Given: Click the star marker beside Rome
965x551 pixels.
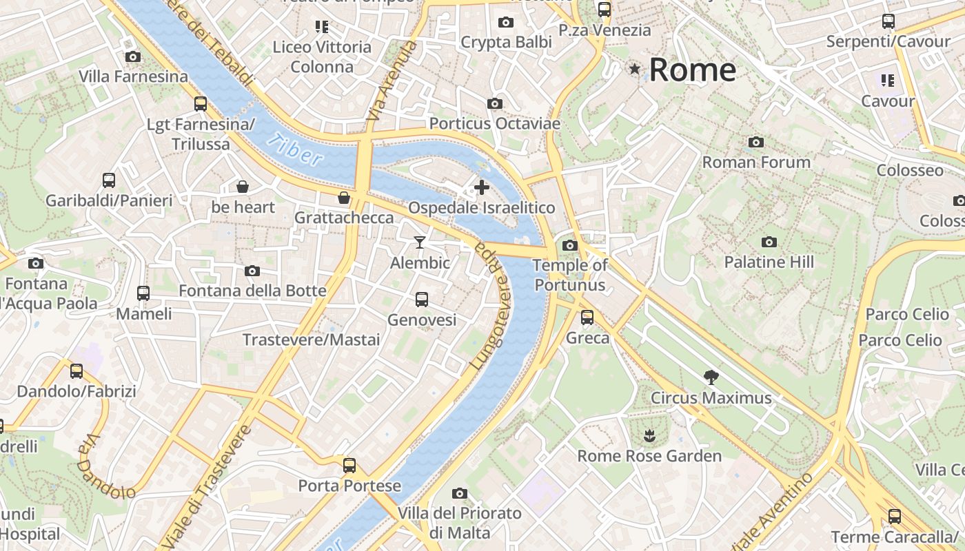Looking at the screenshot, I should (x=634, y=69).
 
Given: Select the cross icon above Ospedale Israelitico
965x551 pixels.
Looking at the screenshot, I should (x=482, y=187).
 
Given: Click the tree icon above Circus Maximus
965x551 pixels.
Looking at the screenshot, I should (x=711, y=377).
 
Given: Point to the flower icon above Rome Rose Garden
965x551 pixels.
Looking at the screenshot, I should (x=649, y=435).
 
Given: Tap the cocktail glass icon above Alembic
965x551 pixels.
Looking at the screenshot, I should (x=419, y=242).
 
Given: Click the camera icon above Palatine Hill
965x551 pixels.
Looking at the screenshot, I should (x=769, y=242).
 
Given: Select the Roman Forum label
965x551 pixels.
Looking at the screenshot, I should (x=756, y=163).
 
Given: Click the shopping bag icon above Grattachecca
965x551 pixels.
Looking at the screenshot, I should (x=343, y=198).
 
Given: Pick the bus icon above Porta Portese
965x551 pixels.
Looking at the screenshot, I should (x=349, y=465).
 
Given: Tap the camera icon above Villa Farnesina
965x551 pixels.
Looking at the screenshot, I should (x=133, y=56).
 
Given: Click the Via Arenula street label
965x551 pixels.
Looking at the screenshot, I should (x=392, y=81).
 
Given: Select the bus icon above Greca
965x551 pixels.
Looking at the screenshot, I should (x=587, y=317).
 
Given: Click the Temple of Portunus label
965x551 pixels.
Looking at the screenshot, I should (x=570, y=275).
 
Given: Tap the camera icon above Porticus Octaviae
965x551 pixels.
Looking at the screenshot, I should (x=494, y=103).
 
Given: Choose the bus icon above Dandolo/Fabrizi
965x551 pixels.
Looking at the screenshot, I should (x=77, y=371).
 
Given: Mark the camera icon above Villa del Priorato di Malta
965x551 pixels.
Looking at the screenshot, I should (x=460, y=493).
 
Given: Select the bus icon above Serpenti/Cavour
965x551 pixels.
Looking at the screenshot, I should (x=888, y=21).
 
